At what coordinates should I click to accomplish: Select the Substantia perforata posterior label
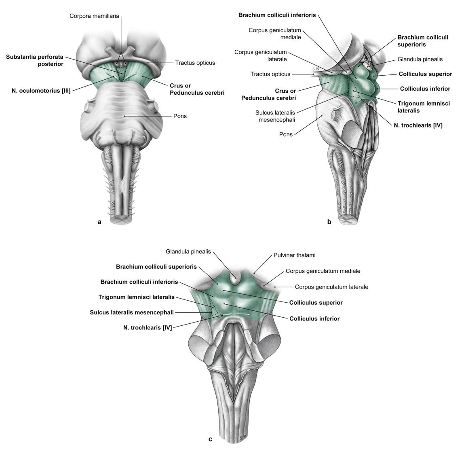[35, 60]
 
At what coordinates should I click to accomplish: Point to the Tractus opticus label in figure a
[195, 63]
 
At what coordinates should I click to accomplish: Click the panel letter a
[99, 221]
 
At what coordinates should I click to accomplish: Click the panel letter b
[329, 221]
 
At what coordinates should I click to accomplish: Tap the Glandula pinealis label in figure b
[420, 59]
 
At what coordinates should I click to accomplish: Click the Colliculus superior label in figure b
[425, 74]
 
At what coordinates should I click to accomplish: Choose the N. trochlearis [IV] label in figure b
[418, 125]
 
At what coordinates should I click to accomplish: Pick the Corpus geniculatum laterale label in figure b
[260, 55]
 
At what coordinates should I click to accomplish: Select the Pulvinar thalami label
[294, 255]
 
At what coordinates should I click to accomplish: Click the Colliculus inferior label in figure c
[314, 318]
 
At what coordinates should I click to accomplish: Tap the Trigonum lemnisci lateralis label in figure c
[136, 297]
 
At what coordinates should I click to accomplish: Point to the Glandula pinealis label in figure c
[188, 251]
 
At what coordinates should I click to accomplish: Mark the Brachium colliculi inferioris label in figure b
[277, 15]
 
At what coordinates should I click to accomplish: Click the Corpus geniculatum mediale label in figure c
[323, 271]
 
